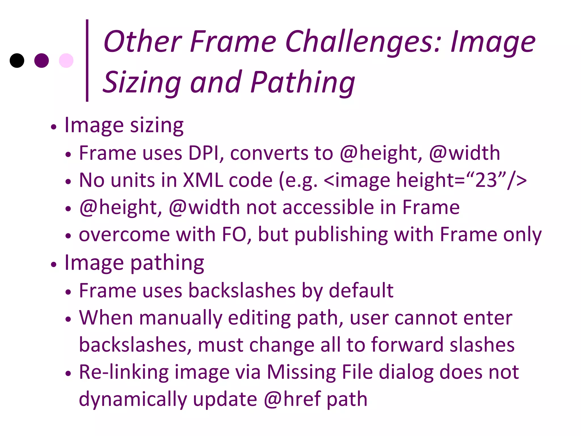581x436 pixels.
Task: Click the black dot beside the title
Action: [x=17, y=60]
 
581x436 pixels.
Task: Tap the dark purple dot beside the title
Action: [x=41, y=60]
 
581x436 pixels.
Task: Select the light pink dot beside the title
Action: [x=66, y=60]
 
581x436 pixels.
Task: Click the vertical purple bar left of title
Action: [x=87, y=60]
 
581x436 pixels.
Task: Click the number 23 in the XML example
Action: [x=486, y=180]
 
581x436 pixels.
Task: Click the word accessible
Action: [x=328, y=207]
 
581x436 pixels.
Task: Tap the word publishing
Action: [x=341, y=235]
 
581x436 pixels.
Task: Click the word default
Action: [x=361, y=290]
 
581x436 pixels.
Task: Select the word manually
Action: [x=181, y=318]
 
